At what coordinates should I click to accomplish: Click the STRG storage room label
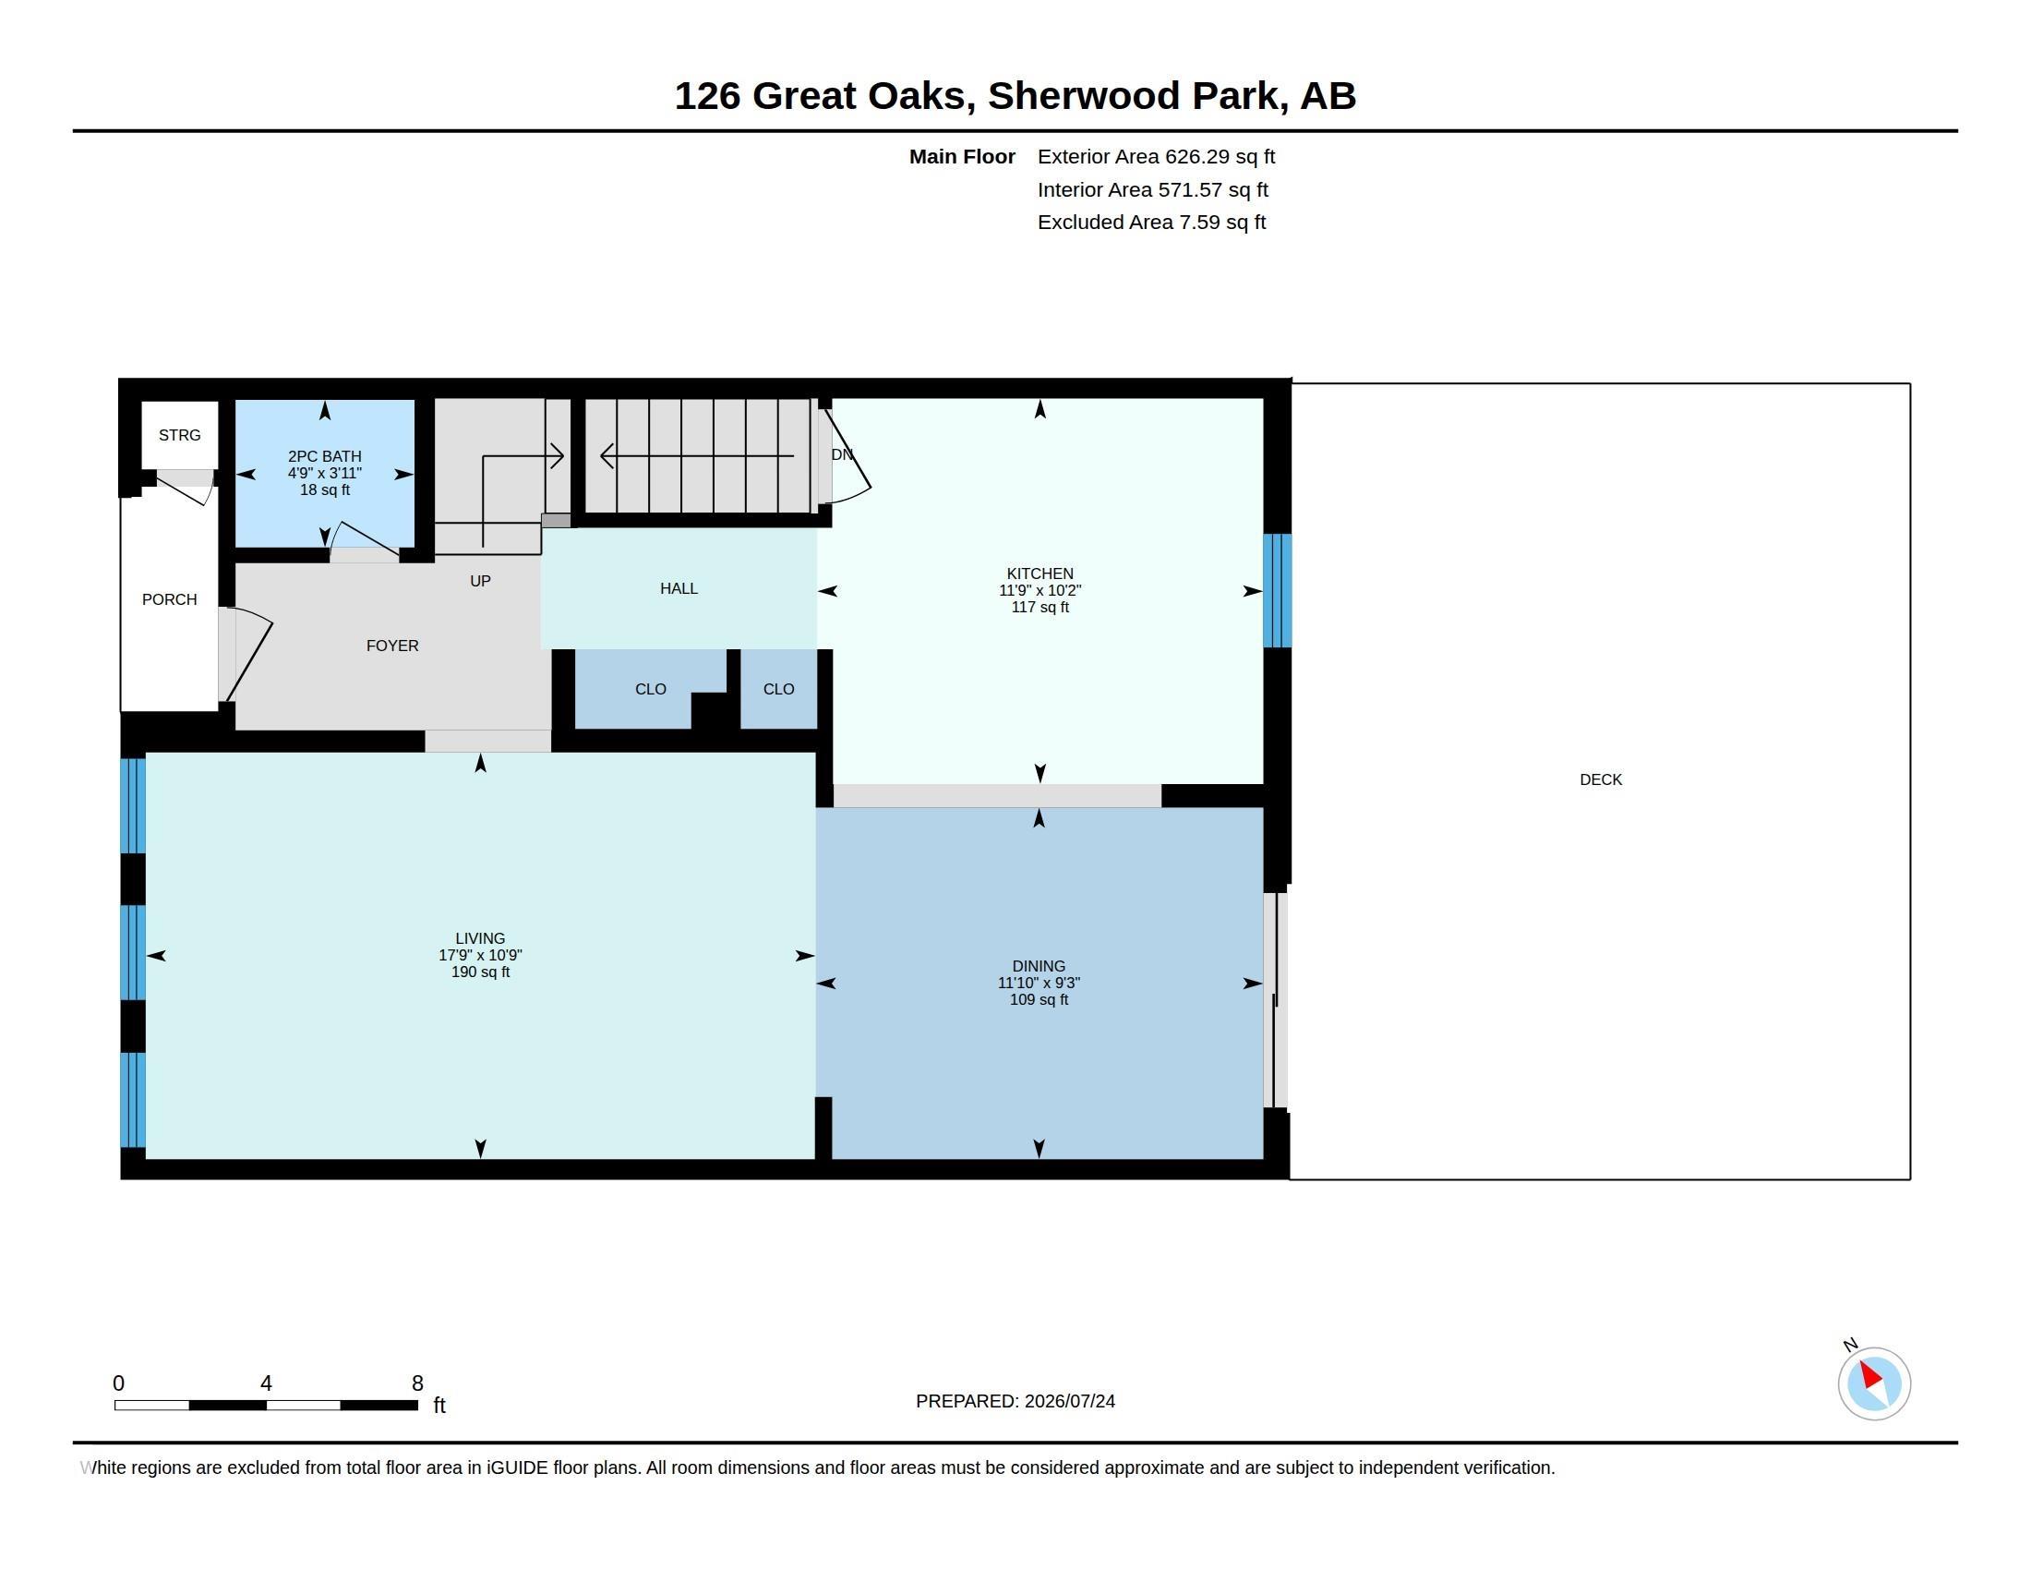(179, 435)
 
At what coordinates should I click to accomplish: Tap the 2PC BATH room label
(325, 456)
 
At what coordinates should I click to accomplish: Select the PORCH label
(169, 600)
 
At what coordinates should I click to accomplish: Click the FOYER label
(392, 646)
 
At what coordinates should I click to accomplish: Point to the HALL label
(679, 589)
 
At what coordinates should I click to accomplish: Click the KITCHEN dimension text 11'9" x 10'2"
(1040, 591)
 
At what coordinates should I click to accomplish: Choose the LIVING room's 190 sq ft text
(481, 972)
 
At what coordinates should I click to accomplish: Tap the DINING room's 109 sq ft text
(1039, 1000)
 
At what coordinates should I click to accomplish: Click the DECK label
(1601, 780)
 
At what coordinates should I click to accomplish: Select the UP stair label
(480, 581)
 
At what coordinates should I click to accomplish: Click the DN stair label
(842, 454)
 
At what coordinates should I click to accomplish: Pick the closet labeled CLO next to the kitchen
(778, 689)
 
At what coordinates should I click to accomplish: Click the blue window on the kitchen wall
(1277, 591)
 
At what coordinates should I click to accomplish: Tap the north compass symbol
(1873, 1383)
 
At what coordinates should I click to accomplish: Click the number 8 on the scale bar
(417, 1383)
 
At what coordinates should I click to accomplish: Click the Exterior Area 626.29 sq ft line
(1156, 157)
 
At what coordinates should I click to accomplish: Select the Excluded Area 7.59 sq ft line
(1151, 223)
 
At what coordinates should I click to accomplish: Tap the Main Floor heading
(962, 157)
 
